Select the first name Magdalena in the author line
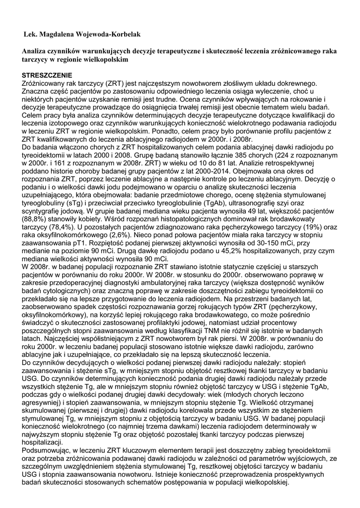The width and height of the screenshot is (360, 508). [x=61, y=34]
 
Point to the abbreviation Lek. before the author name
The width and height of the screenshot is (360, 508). [x=31, y=34]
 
